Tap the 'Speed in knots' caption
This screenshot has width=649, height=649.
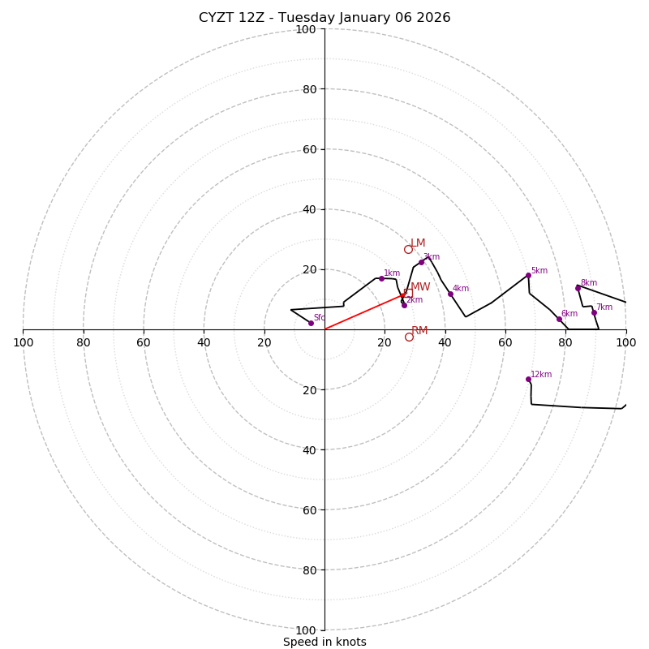pyautogui.click(x=324, y=642)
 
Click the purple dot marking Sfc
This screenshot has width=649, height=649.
pyautogui.click(x=311, y=323)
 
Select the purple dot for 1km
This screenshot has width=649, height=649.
pyautogui.click(x=381, y=278)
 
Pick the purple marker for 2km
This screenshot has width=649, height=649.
pyautogui.click(x=404, y=305)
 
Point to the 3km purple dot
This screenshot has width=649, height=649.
pyautogui.click(x=421, y=262)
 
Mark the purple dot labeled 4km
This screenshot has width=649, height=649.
pyautogui.click(x=450, y=294)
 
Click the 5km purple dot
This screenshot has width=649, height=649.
pyautogui.click(x=528, y=275)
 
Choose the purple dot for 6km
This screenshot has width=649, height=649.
pyautogui.click(x=559, y=319)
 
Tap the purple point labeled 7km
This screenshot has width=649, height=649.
pyautogui.click(x=594, y=312)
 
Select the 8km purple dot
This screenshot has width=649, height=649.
pyautogui.click(x=578, y=288)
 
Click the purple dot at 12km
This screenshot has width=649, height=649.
pyautogui.click(x=528, y=379)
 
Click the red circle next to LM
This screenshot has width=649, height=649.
pyautogui.click(x=409, y=249)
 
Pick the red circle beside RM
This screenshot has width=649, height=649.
pyautogui.click(x=409, y=337)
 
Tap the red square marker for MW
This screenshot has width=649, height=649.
pyautogui.click(x=408, y=293)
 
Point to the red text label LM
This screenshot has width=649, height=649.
pyautogui.click(x=418, y=243)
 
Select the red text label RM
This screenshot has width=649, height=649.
pyautogui.click(x=419, y=331)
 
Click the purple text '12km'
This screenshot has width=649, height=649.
pyautogui.click(x=541, y=375)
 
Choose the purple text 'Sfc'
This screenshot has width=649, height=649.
pyautogui.click(x=320, y=318)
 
